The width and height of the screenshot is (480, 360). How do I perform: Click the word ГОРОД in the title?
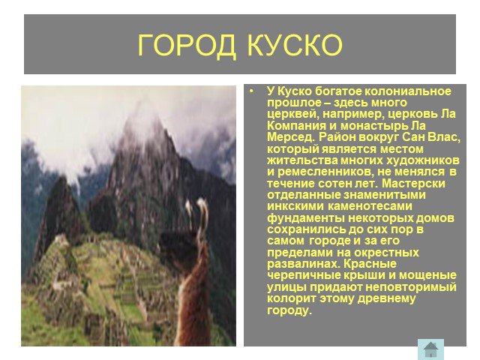(187, 45)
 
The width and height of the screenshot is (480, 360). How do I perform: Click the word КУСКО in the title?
(294, 45)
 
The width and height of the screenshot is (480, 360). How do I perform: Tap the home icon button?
(430, 349)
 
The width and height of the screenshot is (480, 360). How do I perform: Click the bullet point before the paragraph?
(252, 91)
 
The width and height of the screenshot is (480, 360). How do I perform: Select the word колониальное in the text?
(407, 91)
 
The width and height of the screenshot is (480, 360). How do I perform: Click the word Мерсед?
(291, 137)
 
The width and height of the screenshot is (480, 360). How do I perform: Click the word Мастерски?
(413, 183)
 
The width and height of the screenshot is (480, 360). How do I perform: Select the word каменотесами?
(370, 206)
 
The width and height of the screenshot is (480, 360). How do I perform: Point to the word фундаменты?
(306, 218)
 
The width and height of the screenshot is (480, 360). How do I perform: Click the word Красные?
(370, 264)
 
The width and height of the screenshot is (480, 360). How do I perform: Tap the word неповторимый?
(411, 287)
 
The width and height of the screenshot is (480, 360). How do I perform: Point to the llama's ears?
(196, 212)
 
